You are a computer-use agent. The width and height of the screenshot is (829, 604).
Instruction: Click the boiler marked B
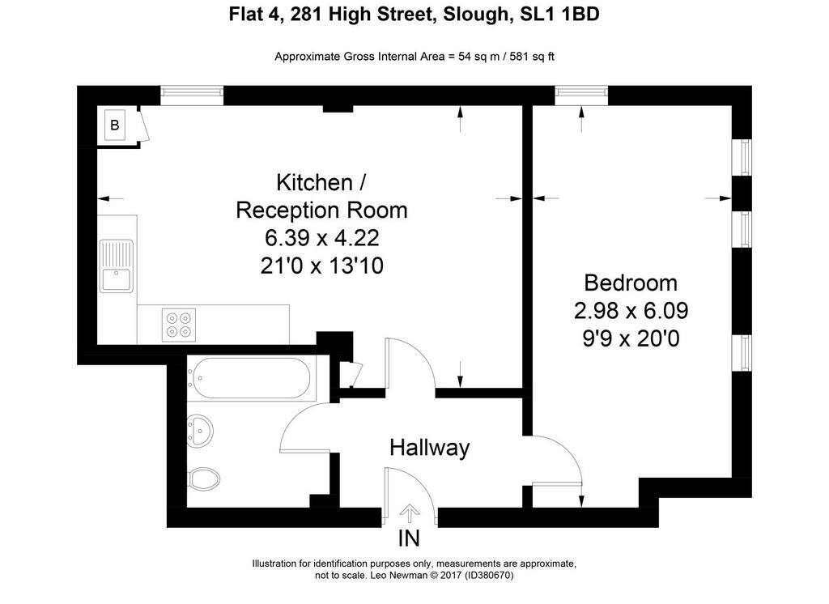[115, 125]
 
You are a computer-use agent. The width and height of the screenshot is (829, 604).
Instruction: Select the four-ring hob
[178, 325]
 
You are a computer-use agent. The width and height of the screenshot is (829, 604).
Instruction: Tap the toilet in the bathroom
[204, 479]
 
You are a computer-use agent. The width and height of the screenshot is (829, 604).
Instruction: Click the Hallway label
[429, 448]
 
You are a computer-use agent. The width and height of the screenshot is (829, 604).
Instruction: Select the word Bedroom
[631, 283]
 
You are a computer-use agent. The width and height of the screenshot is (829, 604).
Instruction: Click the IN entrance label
[409, 538]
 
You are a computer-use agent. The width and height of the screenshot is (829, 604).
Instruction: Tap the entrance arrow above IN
[409, 514]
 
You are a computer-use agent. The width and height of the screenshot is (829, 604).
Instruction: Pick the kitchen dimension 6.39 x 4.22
[322, 238]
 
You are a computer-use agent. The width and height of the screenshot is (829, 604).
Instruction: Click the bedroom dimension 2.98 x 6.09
[631, 310]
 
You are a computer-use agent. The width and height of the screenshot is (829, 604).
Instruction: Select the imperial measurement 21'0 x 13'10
[322, 266]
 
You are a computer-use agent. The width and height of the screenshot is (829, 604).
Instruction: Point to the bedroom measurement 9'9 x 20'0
[631, 338]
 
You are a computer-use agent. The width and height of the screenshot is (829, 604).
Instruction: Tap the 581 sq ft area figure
[532, 57]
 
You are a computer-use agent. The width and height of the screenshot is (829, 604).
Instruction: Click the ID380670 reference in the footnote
[489, 575]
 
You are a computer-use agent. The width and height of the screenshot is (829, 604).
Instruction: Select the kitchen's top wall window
[192, 96]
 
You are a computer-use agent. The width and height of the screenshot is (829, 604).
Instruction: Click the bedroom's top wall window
[581, 96]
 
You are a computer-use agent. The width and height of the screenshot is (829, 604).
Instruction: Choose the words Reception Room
[321, 210]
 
